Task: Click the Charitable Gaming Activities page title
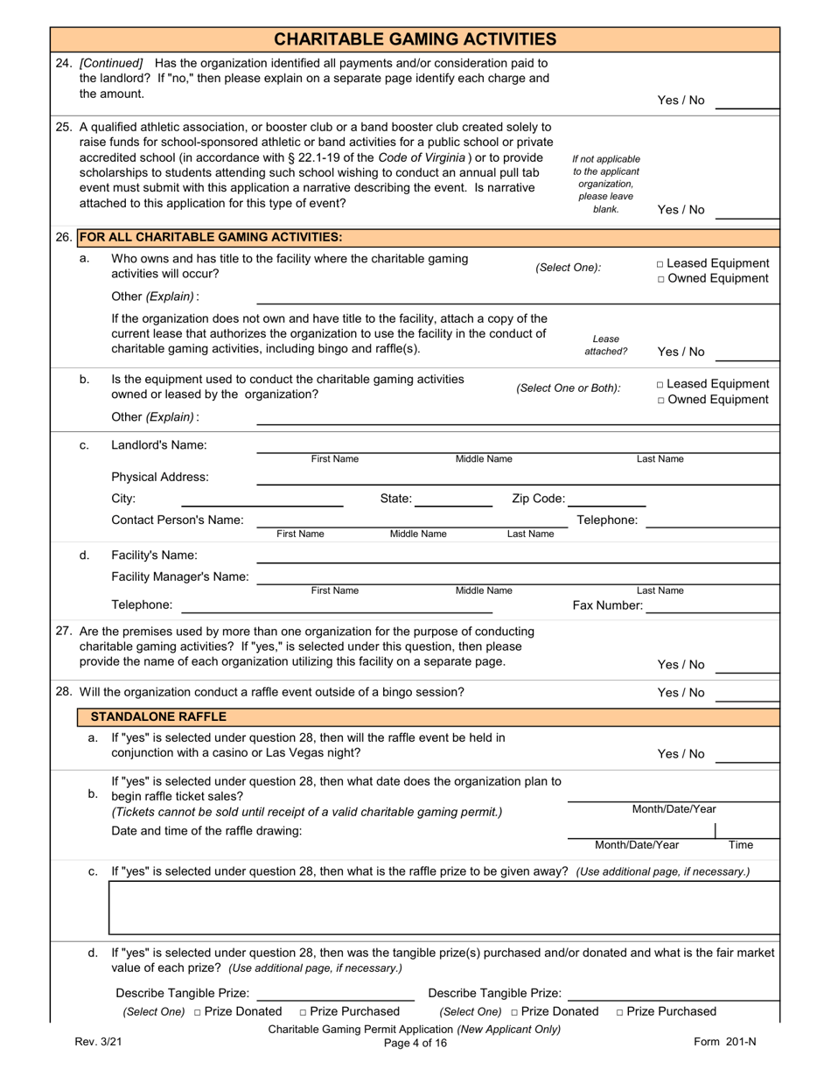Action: pyautogui.click(x=415, y=39)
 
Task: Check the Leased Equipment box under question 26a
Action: pyautogui.click(x=660, y=263)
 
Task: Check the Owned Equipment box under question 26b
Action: pyautogui.click(x=660, y=400)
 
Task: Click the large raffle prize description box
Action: pyautogui.click(x=443, y=908)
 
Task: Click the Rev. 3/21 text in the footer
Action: pyautogui.click(x=99, y=1043)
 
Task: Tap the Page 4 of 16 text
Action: pyautogui.click(x=415, y=1043)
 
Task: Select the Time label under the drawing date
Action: pyautogui.click(x=740, y=845)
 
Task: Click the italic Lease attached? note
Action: pyautogui.click(x=606, y=345)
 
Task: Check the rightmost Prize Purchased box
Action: pyautogui.click(x=620, y=1012)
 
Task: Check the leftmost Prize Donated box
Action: pyautogui.click(x=198, y=1012)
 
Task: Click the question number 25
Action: pyautogui.click(x=63, y=127)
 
